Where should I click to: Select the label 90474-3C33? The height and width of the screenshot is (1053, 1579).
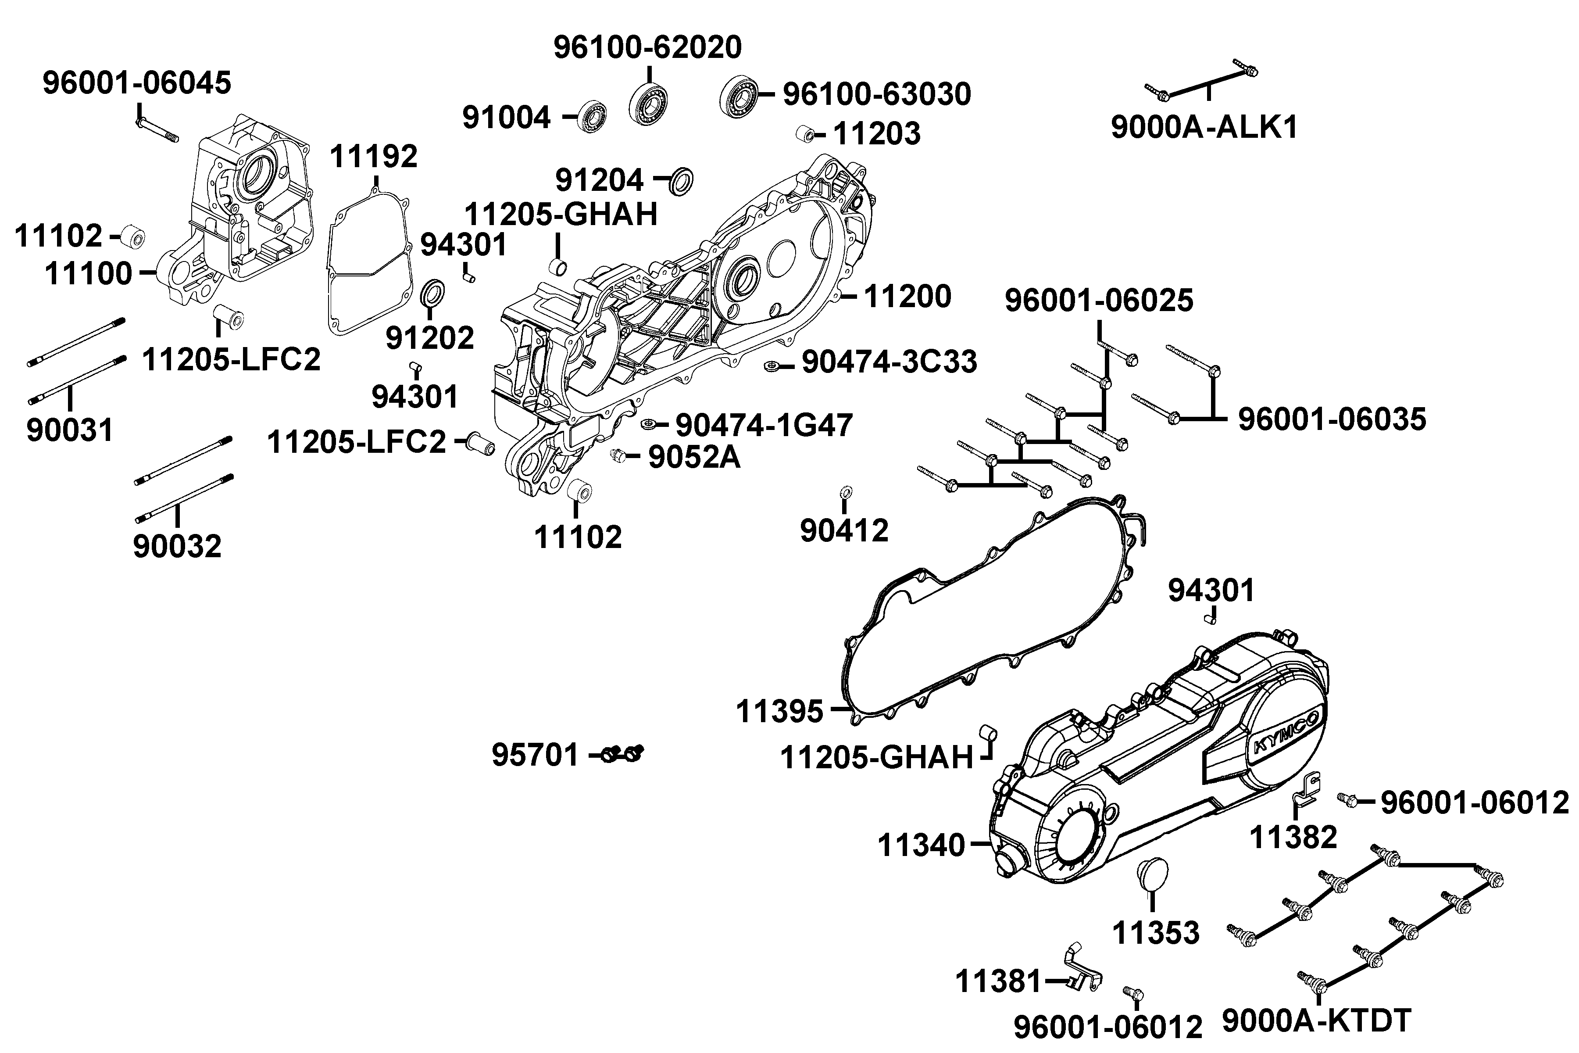(x=890, y=363)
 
